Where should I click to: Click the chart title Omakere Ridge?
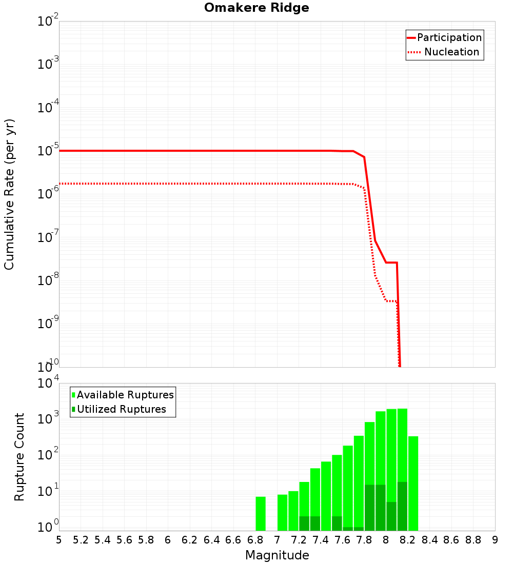pyautogui.click(x=256, y=8)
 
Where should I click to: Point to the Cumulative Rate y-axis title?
pyautogui.click(x=10, y=194)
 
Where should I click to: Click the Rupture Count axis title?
pyautogui.click(x=19, y=457)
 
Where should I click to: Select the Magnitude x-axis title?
pyautogui.click(x=277, y=555)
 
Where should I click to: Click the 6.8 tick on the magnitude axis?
pyautogui.click(x=255, y=540)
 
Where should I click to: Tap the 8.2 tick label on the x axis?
pyautogui.click(x=408, y=540)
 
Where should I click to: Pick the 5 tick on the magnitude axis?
pyautogui.click(x=59, y=540)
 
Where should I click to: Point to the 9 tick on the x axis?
pyautogui.click(x=495, y=540)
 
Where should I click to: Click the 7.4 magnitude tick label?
pyautogui.click(x=321, y=540)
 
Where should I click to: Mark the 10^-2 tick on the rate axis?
pyautogui.click(x=48, y=22)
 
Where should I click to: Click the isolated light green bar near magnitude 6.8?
pyautogui.click(x=261, y=513)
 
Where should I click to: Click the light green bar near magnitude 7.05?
pyautogui.click(x=282, y=512)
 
